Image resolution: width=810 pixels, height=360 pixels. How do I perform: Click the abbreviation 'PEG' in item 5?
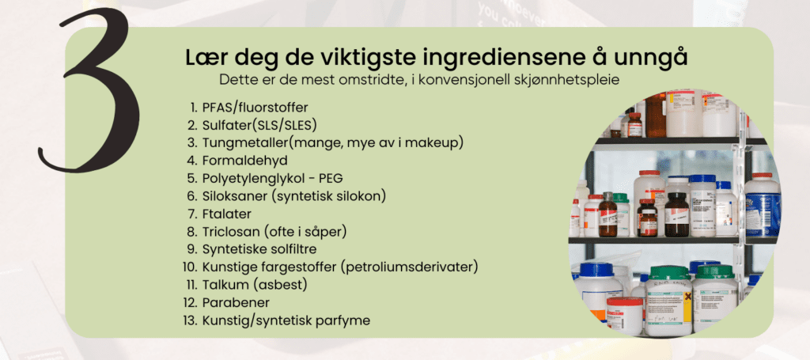[x=331, y=178]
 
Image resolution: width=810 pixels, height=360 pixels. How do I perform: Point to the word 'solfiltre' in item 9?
[x=294, y=249]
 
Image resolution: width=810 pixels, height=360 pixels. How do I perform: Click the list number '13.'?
[x=190, y=320]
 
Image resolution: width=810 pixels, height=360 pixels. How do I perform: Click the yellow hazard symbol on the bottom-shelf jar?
[x=687, y=297]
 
